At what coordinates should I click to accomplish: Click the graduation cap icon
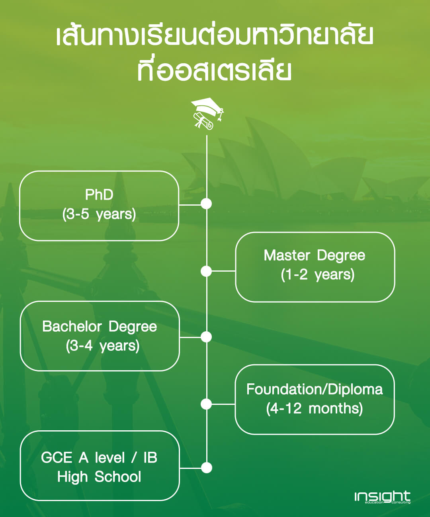click(x=207, y=114)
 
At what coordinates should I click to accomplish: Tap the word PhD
click(x=99, y=195)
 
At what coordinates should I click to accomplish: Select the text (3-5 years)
click(x=99, y=214)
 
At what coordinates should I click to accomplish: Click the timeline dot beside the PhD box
click(x=206, y=204)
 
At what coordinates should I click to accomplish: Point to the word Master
click(x=287, y=255)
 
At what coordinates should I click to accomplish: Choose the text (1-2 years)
click(x=318, y=275)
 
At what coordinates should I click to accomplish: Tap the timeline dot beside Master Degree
click(x=206, y=271)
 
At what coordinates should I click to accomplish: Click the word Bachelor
click(x=72, y=327)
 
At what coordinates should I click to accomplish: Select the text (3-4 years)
click(x=103, y=346)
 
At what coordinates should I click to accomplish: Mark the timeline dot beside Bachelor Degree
click(x=206, y=337)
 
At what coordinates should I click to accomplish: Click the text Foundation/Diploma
click(x=315, y=390)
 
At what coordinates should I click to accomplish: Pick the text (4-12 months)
click(x=315, y=408)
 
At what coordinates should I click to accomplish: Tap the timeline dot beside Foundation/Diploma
click(x=206, y=404)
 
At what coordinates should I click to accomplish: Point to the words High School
click(x=99, y=477)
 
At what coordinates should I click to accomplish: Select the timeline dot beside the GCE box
click(x=206, y=468)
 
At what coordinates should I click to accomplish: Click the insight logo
click(x=382, y=497)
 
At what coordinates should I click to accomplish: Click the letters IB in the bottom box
click(x=150, y=458)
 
